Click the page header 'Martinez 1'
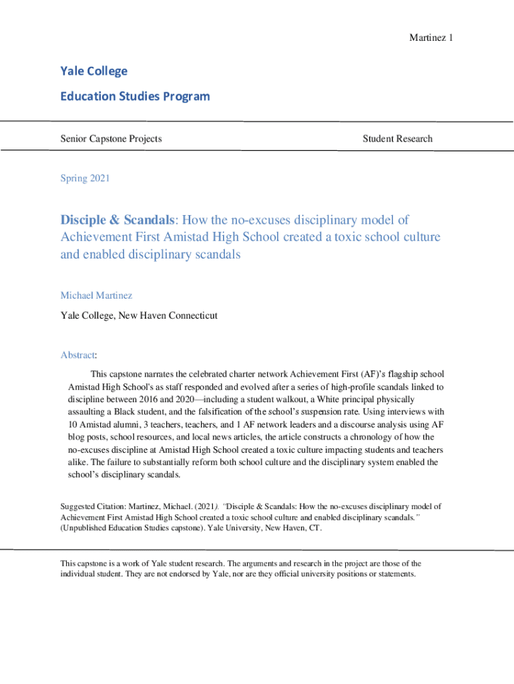[431, 37]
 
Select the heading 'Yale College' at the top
[93, 71]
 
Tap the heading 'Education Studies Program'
[135, 96]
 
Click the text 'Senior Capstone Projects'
[111, 139]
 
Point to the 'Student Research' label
[397, 139]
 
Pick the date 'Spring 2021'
[85, 178]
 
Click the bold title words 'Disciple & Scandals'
[118, 220]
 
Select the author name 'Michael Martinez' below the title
[97, 295]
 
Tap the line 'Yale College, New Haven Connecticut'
[139, 315]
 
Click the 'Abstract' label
[78, 355]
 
